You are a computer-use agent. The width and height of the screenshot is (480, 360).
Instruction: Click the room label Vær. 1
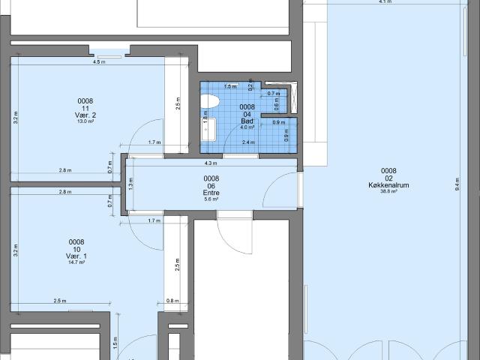point(76,256)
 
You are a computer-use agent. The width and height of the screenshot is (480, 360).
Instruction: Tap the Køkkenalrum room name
point(388,184)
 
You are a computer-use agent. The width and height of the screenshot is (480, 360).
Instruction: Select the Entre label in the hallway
point(211,193)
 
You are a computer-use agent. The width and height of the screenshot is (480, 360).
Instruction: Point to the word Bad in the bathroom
point(247,121)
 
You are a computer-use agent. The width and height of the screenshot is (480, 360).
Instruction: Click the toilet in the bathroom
point(210,100)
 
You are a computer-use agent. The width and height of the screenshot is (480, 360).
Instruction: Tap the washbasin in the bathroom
point(206,127)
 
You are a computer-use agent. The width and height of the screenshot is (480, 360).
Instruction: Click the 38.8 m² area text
point(388,192)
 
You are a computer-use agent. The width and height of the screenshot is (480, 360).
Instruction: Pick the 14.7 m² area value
point(76,263)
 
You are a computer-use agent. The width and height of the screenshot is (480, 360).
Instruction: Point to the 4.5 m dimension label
point(97,62)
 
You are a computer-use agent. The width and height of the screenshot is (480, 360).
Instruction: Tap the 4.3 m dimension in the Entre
point(211,163)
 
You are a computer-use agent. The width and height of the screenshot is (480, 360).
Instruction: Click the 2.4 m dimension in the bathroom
point(247,142)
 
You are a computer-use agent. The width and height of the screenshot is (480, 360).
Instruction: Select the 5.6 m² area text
point(211,199)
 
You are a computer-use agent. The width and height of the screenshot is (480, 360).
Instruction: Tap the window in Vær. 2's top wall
point(109,51)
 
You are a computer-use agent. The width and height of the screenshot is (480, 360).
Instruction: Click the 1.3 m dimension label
point(130,184)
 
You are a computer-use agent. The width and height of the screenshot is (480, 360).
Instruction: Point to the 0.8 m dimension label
point(173,301)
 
